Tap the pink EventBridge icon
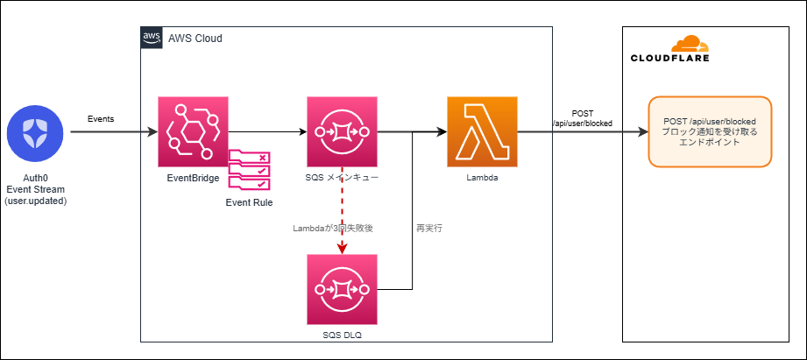pyautogui.click(x=192, y=131)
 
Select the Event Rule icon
pyautogui.click(x=250, y=170)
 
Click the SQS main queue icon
pyautogui.click(x=342, y=131)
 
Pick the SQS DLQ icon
pyautogui.click(x=342, y=289)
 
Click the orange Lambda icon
pyautogui.click(x=482, y=131)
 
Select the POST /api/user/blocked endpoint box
pyautogui.click(x=710, y=131)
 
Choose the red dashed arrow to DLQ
pyautogui.click(x=342, y=210)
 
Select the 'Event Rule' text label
pyautogui.click(x=249, y=202)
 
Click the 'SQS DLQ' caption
pyautogui.click(x=342, y=334)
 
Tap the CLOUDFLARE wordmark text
pyautogui.click(x=670, y=59)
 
